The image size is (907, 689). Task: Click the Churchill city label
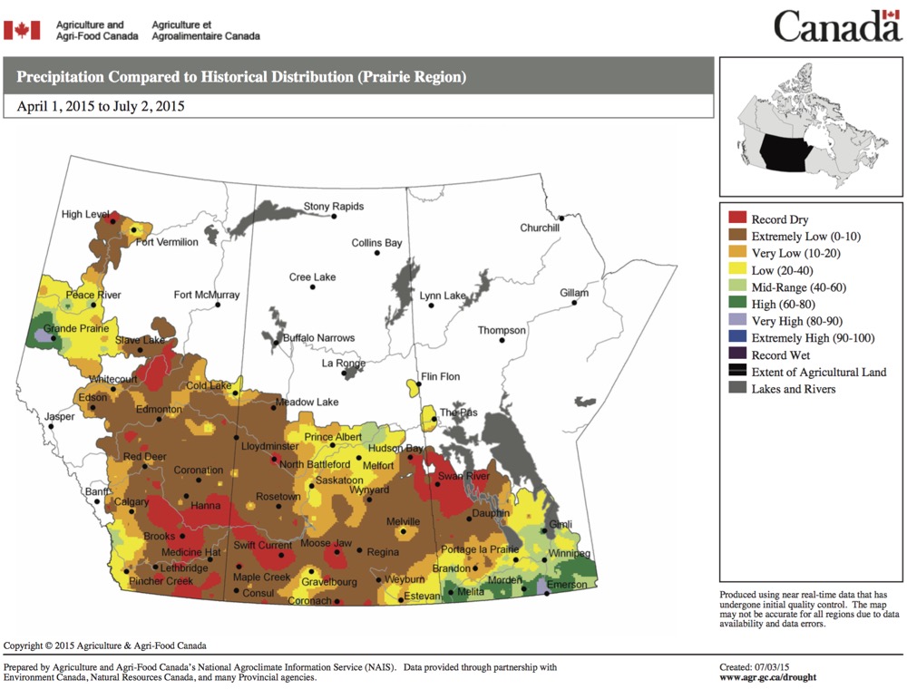[x=539, y=228]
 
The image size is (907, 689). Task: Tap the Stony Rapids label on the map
[x=333, y=207]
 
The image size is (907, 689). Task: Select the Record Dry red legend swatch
[x=737, y=219]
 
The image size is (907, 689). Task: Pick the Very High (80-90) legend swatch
[x=737, y=321]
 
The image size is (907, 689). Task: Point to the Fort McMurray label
[x=207, y=295]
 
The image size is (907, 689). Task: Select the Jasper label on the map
[x=60, y=417]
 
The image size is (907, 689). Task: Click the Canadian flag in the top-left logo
[x=22, y=30]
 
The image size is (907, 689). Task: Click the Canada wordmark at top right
[x=837, y=26]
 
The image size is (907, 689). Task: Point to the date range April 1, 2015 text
[x=101, y=106]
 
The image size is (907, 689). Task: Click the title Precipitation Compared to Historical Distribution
[x=241, y=77]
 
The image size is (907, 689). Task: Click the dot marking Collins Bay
[x=375, y=253]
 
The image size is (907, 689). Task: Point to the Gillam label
[x=573, y=294]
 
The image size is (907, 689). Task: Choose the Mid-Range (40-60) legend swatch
[x=737, y=286]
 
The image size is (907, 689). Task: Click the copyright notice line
[x=105, y=645]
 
